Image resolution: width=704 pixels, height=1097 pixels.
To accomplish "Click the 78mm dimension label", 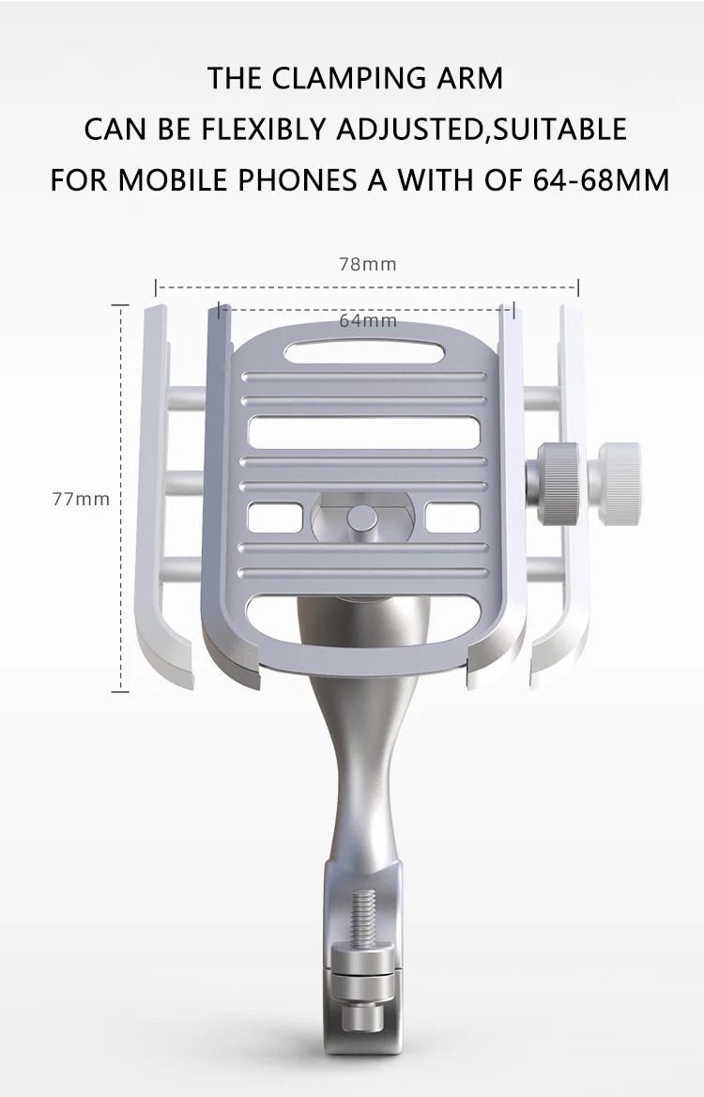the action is pyautogui.click(x=368, y=265).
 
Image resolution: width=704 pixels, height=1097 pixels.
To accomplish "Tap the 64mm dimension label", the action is pyautogui.click(x=368, y=321).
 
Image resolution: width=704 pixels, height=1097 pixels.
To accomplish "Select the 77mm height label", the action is pyautogui.click(x=81, y=499).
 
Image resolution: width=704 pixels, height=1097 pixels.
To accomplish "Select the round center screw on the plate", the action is pyautogui.click(x=362, y=518).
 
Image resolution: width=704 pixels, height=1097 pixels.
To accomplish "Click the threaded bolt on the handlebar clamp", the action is pyautogui.click(x=363, y=916).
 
